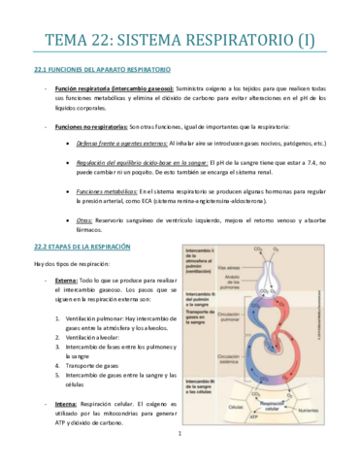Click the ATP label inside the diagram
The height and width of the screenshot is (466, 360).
coord(254,416)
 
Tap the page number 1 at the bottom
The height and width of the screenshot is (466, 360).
coord(180,448)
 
